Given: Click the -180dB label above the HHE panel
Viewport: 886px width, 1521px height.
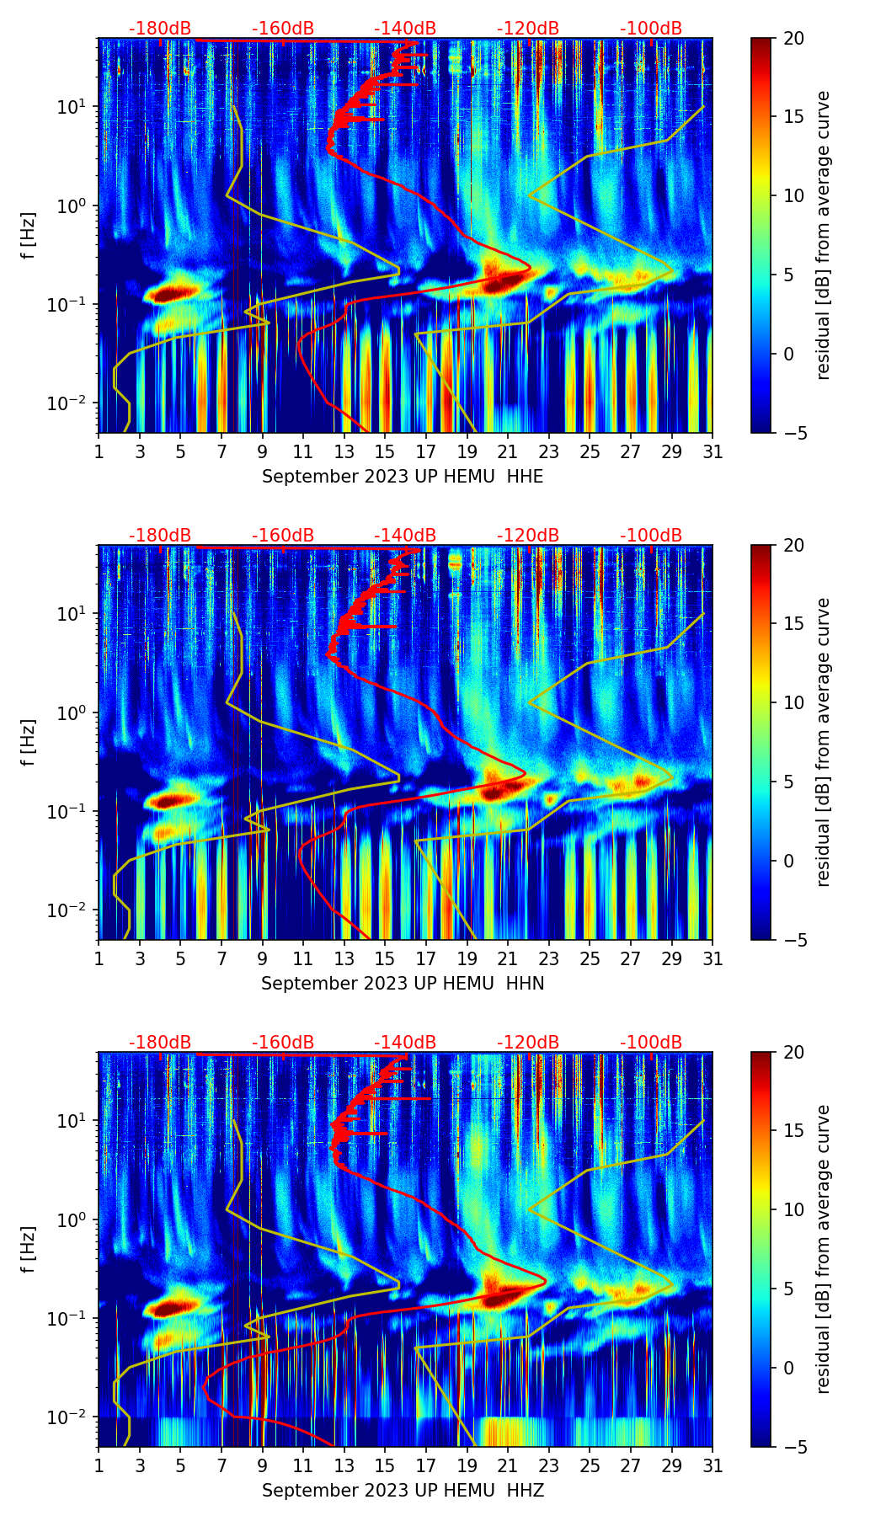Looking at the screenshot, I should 160,29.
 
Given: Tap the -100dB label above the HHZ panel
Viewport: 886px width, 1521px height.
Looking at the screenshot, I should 651,1043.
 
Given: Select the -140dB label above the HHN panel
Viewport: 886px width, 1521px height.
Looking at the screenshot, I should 405,536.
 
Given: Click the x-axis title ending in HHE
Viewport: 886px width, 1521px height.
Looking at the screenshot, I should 403,477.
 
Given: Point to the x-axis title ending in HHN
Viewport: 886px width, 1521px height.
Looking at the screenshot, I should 403,984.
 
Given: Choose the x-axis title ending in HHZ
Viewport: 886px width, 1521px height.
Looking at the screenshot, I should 403,1491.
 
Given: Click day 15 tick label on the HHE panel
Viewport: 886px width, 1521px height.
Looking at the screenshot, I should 385,451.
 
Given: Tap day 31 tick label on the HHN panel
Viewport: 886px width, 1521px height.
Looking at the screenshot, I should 713,958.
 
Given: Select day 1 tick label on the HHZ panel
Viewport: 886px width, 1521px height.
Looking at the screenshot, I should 99,1465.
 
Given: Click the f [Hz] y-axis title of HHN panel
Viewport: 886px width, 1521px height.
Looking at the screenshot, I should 29,742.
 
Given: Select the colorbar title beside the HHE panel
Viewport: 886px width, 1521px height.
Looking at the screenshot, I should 823,235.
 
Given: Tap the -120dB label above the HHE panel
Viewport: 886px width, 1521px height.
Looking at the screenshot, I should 528,29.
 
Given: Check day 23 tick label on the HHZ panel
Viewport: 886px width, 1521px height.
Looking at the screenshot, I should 548,1465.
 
